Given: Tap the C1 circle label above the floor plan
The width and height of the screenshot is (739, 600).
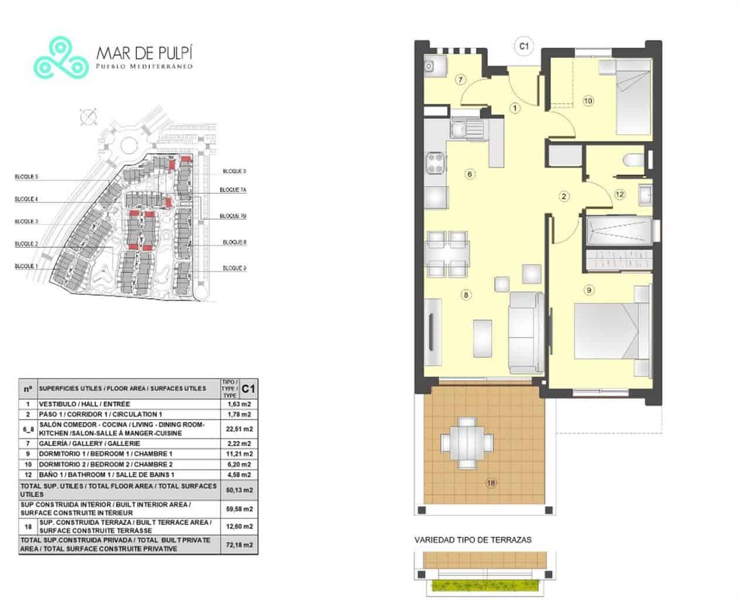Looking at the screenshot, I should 524,46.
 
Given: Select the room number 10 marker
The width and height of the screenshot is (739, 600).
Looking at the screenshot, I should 588,101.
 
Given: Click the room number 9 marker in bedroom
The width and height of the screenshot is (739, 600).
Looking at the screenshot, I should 589,289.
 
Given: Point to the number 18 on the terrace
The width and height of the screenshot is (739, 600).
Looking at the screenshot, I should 491,483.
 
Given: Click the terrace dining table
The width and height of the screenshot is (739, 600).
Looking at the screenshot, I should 467,442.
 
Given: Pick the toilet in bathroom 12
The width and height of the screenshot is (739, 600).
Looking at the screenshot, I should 634,161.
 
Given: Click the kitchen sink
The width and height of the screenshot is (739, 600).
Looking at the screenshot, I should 466,128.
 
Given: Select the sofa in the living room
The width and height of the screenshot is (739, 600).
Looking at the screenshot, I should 526,332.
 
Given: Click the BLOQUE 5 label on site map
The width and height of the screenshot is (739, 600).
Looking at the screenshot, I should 26,177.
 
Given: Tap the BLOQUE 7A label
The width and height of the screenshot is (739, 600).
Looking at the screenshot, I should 233,190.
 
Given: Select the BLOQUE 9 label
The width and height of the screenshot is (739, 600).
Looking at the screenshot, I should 234,268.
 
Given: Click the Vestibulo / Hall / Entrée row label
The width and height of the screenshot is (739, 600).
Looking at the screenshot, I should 84,404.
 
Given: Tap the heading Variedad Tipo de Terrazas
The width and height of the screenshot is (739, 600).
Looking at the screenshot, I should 473,540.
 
